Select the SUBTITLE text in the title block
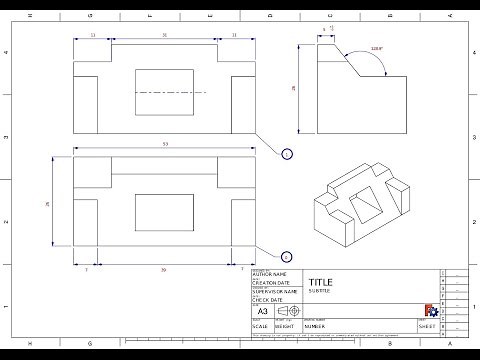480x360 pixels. [x=319, y=291]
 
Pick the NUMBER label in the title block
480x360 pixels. [x=317, y=326]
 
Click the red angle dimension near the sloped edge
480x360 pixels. [x=375, y=48]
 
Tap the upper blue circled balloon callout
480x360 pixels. [x=287, y=154]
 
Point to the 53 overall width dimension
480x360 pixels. [x=164, y=146]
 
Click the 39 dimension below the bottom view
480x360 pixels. [x=164, y=269]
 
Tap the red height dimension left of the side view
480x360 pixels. [x=294, y=89]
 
